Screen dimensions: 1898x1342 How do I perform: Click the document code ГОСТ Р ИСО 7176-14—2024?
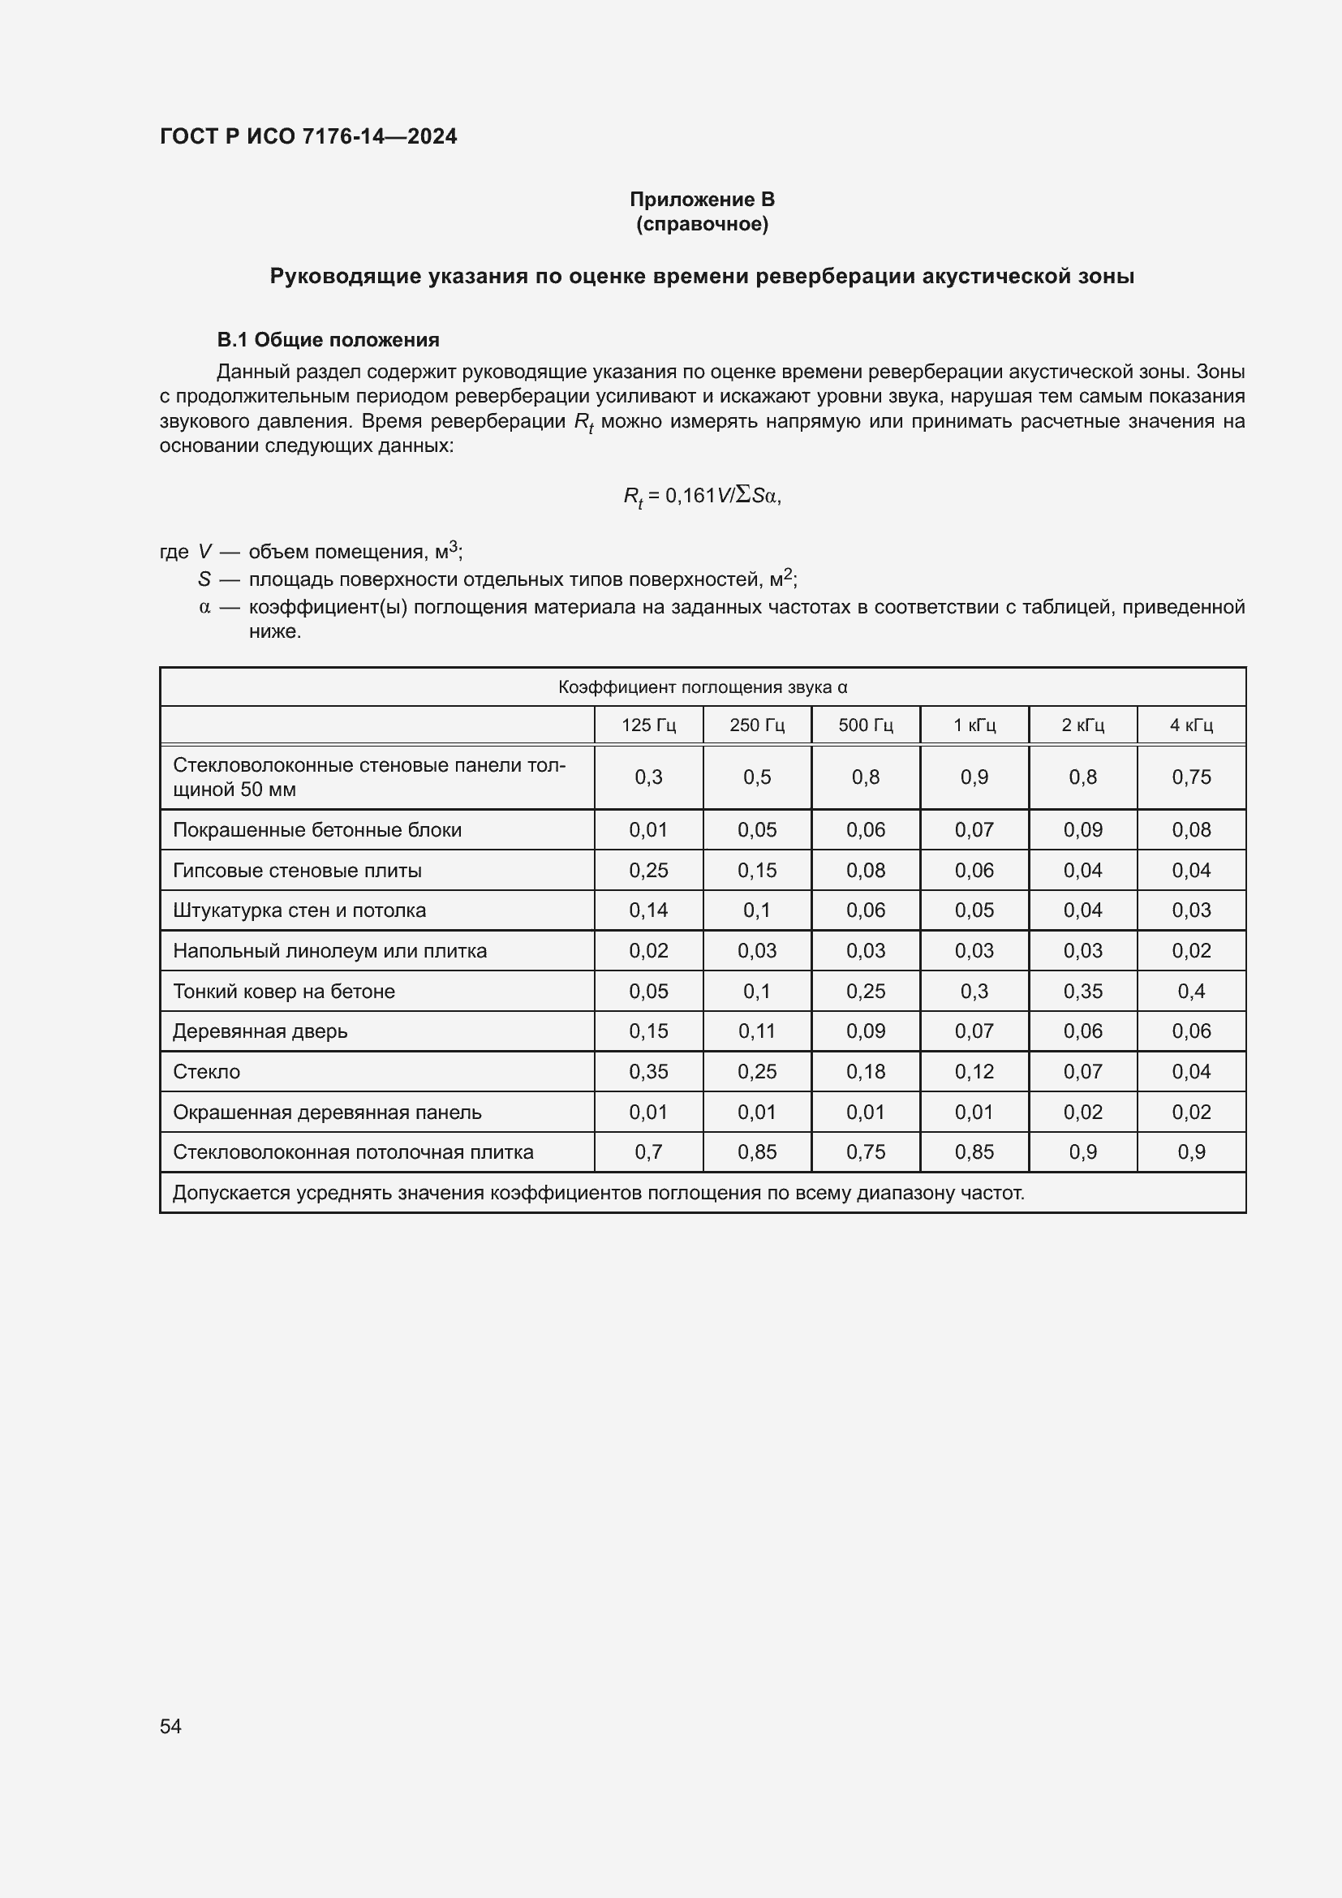pyautogui.click(x=308, y=136)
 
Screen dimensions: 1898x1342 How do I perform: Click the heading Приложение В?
pyautogui.click(x=702, y=200)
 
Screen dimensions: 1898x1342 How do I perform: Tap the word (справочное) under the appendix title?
pyautogui.click(x=702, y=224)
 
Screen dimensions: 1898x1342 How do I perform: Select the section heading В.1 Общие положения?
pyautogui.click(x=327, y=340)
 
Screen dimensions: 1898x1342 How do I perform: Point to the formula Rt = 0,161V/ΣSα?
pyautogui.click(x=702, y=496)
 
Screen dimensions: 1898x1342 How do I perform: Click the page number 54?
pyautogui.click(x=170, y=1726)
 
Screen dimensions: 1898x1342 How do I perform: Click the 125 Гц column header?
pyautogui.click(x=649, y=725)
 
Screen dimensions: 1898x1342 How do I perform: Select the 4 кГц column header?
pyautogui.click(x=1191, y=725)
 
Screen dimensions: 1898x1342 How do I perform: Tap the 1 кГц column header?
pyautogui.click(x=974, y=725)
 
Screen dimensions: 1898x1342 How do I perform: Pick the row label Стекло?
pyautogui.click(x=207, y=1072)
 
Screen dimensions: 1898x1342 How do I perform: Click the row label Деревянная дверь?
pyautogui.click(x=260, y=1031)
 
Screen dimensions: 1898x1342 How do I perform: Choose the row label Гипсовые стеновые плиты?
pyautogui.click(x=298, y=871)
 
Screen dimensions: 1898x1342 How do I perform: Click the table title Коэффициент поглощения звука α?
pyautogui.click(x=703, y=687)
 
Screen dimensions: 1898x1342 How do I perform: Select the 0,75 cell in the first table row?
pyautogui.click(x=1191, y=777)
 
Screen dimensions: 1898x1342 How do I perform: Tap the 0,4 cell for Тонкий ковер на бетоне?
pyautogui.click(x=1191, y=991)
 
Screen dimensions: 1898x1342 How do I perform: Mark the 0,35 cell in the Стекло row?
pyautogui.click(x=649, y=1072)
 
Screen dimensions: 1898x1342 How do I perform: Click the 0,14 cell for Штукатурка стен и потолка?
pyautogui.click(x=649, y=910)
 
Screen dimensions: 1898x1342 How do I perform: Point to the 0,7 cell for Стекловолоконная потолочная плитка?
pyautogui.click(x=649, y=1152)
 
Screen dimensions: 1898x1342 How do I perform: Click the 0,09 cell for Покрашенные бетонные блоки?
pyautogui.click(x=1082, y=830)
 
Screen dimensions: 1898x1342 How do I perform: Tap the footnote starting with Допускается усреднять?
pyautogui.click(x=598, y=1193)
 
